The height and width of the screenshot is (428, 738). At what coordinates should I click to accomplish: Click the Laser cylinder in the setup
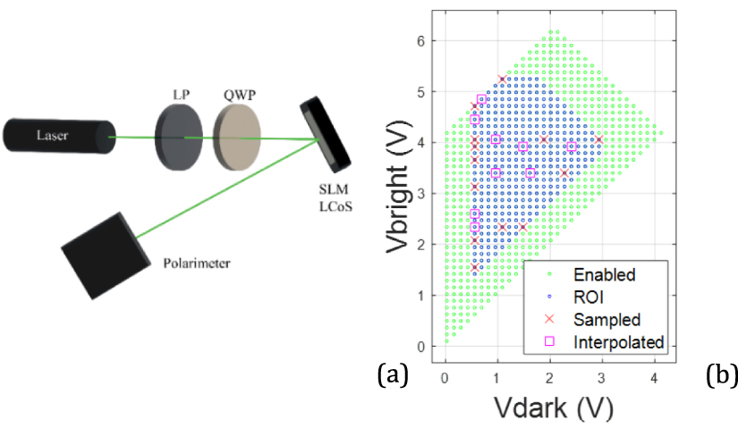click(x=56, y=136)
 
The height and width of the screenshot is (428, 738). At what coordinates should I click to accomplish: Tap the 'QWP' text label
click(x=239, y=94)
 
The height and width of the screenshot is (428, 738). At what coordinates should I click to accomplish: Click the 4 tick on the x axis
click(x=656, y=378)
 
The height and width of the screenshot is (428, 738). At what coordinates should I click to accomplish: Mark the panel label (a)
click(x=393, y=376)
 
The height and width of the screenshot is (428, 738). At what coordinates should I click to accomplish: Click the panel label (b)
click(x=720, y=376)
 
